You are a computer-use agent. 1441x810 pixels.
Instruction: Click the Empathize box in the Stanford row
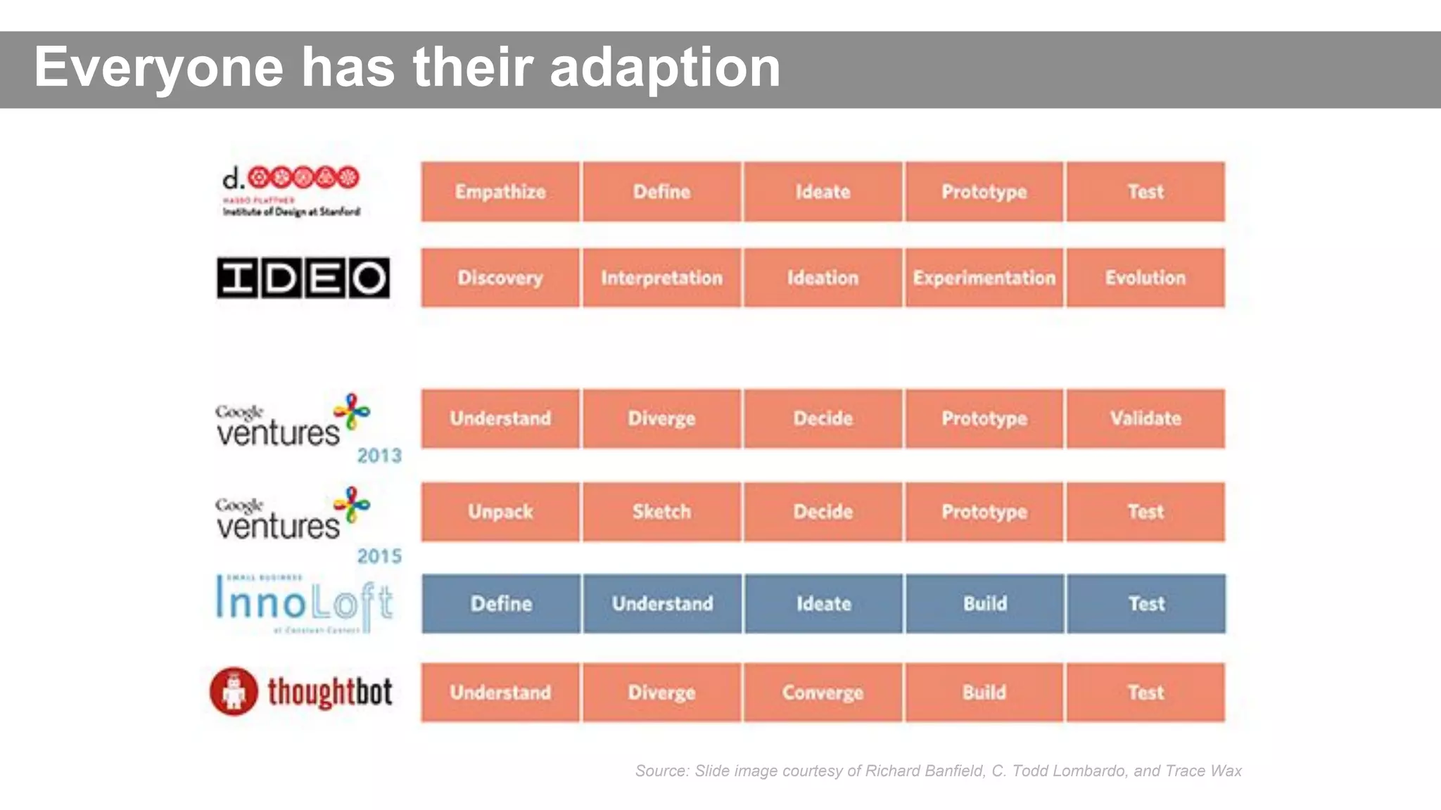click(x=500, y=192)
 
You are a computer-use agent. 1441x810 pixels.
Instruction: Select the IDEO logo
click(x=303, y=278)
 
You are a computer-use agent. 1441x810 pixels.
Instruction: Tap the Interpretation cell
click(x=661, y=278)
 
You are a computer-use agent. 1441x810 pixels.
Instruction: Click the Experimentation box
click(x=984, y=278)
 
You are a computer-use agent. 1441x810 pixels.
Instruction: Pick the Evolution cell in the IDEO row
click(x=1145, y=278)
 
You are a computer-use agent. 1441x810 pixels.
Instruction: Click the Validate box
click(x=1145, y=418)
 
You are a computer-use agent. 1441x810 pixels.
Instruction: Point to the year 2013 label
click(x=379, y=456)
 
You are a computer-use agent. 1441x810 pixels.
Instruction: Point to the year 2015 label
click(x=379, y=556)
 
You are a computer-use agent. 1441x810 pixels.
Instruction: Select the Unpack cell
click(x=500, y=512)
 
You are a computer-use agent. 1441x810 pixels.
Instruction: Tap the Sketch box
click(x=661, y=512)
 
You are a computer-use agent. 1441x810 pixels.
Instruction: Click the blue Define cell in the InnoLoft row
click(x=501, y=604)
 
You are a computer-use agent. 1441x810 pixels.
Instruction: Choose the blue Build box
click(x=984, y=604)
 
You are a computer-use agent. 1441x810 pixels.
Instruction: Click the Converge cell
click(x=823, y=693)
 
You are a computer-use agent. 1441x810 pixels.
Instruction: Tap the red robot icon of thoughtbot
click(x=234, y=692)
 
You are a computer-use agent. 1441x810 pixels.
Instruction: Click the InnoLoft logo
click(x=303, y=604)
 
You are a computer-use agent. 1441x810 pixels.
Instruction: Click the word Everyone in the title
click(x=159, y=67)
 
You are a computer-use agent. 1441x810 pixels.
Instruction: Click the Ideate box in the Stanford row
click(x=823, y=192)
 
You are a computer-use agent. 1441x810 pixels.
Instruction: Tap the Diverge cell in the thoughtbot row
click(x=661, y=693)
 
